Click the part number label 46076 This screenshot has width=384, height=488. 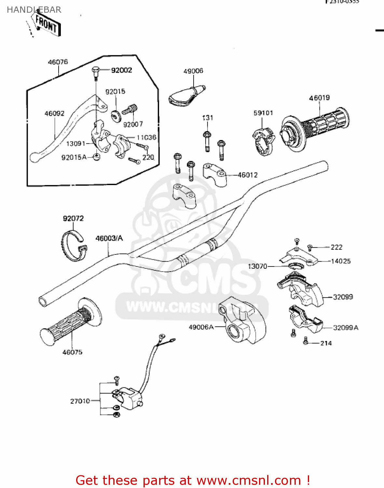[x=58, y=62]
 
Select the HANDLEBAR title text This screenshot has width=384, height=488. [x=34, y=10]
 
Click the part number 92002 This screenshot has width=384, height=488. [x=121, y=70]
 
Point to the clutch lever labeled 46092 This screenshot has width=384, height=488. [x=65, y=130]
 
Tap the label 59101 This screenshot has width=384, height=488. [x=263, y=113]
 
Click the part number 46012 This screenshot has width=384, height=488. [x=248, y=175]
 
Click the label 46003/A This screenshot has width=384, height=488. [x=109, y=238]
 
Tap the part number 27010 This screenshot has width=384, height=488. [x=80, y=401]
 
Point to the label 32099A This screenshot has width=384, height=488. [x=346, y=328]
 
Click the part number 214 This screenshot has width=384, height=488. [x=326, y=343]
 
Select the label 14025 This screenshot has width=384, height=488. [x=341, y=261]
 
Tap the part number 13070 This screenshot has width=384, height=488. [x=257, y=266]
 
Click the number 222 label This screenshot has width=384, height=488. [x=336, y=247]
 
